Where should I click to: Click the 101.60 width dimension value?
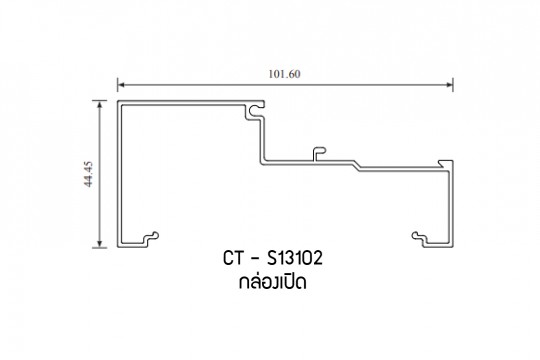point(284,74)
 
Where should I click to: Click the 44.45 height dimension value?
point(89,174)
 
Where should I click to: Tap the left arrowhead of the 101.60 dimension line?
point(121,85)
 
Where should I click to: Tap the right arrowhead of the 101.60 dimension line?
point(449,85)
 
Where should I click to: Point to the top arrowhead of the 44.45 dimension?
point(100,104)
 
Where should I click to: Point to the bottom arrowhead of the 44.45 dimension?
point(100,244)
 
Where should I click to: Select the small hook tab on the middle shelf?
point(319,154)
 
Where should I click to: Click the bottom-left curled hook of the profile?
point(151,238)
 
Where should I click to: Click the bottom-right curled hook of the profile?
point(420,238)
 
